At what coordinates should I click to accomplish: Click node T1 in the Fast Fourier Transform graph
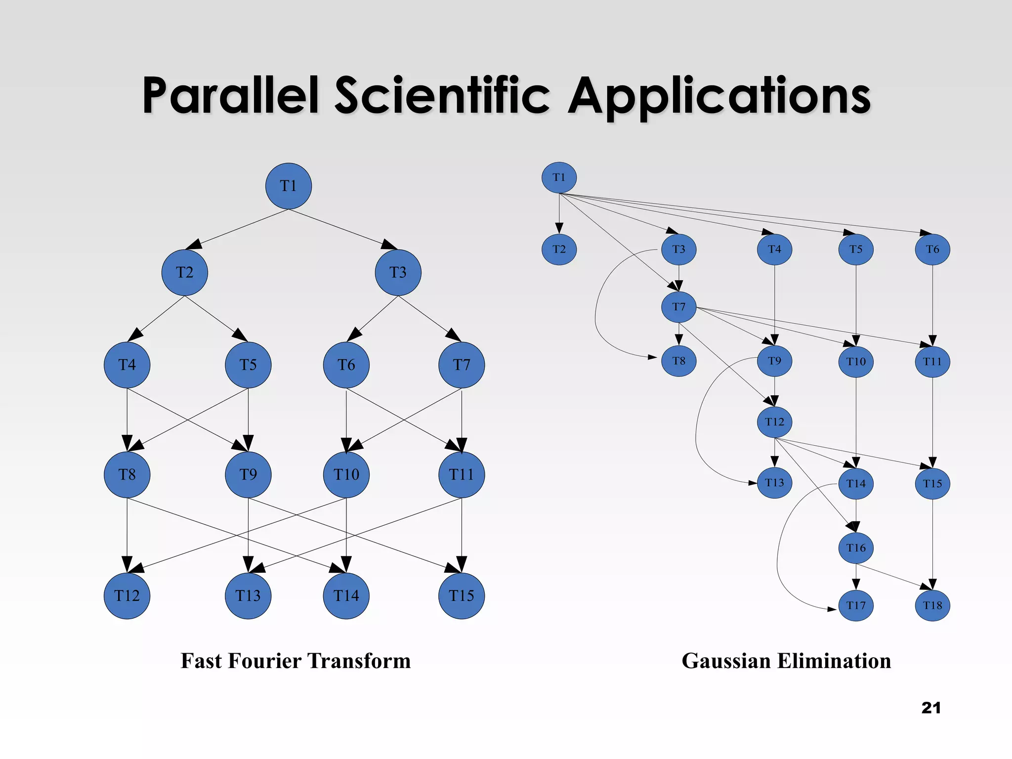tap(289, 186)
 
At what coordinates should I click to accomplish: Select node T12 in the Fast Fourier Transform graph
tap(127, 595)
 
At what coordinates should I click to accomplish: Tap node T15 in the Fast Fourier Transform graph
tap(462, 595)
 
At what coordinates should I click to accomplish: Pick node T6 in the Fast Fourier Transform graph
tap(346, 365)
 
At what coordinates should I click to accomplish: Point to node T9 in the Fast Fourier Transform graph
tap(248, 474)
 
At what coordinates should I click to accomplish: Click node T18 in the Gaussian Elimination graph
tap(932, 605)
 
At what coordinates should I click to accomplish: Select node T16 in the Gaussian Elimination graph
tap(856, 548)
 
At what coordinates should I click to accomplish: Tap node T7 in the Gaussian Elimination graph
tap(679, 307)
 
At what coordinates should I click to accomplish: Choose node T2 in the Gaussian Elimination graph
tap(559, 249)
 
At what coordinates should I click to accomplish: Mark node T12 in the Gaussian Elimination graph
tap(774, 422)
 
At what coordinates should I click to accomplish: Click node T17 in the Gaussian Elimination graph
tap(856, 605)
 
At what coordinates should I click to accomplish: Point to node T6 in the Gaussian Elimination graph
tap(932, 249)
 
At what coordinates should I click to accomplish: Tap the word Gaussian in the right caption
tap(718, 661)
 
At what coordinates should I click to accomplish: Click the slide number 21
tap(931, 708)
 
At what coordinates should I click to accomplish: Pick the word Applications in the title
tap(719, 96)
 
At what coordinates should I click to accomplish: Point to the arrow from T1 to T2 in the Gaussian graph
tap(559, 212)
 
